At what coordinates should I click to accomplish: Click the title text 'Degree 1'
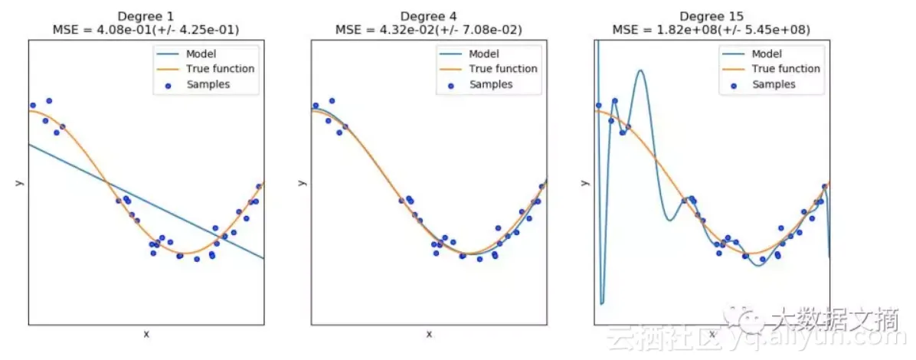[146, 16]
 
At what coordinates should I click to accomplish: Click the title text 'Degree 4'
[429, 16]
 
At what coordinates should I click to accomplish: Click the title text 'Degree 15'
[712, 16]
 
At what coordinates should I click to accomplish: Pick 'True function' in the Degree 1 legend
[221, 68]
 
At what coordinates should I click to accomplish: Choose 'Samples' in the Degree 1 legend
[208, 83]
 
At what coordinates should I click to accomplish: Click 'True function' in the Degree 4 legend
[503, 68]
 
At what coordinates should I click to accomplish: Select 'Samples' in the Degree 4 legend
[491, 83]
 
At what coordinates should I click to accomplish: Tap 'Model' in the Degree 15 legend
[767, 54]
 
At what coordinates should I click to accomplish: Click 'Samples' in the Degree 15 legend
[774, 83]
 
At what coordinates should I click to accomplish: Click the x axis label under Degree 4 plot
[429, 334]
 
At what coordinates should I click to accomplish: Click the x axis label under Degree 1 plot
[146, 334]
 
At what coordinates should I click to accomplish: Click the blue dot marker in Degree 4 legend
[451, 84]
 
